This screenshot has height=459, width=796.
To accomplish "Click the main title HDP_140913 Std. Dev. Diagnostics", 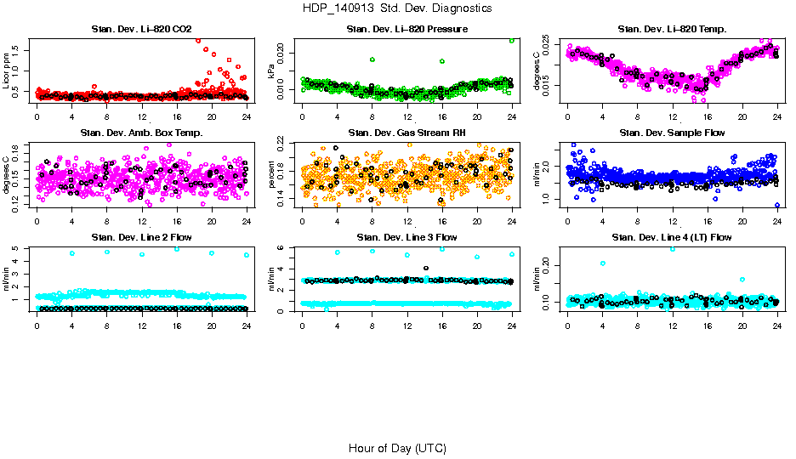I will pyautogui.click(x=396, y=8).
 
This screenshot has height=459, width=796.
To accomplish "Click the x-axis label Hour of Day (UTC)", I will pyautogui.click(x=397, y=448).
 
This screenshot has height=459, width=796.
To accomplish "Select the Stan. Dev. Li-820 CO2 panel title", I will pyautogui.click(x=141, y=30).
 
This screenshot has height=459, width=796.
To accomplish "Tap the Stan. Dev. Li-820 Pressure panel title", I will pyautogui.click(x=407, y=30).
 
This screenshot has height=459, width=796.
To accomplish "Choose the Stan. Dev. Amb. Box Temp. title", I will pyautogui.click(x=141, y=133).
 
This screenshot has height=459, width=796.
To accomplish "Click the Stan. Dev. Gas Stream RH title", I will pyautogui.click(x=407, y=133).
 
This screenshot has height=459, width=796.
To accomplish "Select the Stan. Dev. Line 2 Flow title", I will pyautogui.click(x=141, y=237).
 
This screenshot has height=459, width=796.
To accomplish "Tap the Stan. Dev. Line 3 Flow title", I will pyautogui.click(x=407, y=237).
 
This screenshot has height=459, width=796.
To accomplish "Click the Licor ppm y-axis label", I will pyautogui.click(x=7, y=71).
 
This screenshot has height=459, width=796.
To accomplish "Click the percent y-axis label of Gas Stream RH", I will pyautogui.click(x=272, y=175).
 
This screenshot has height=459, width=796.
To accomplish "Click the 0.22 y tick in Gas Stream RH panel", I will pyautogui.click(x=284, y=144).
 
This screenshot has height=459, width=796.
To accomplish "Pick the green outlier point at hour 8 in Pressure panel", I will pyautogui.click(x=372, y=59).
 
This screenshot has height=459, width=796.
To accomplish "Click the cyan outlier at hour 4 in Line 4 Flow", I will pyautogui.click(x=603, y=263).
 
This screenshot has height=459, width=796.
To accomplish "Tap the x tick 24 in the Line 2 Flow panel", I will pyautogui.click(x=246, y=319).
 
